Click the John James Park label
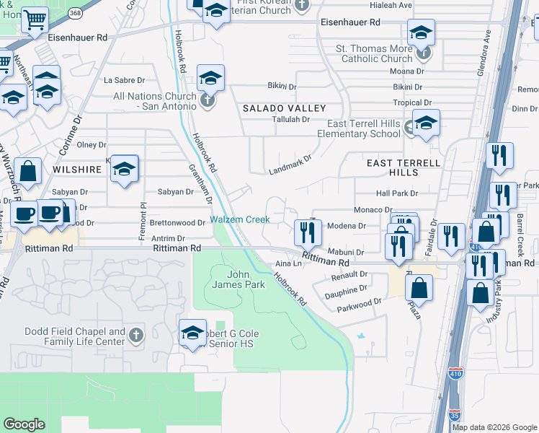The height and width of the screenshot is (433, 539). click(x=246, y=279)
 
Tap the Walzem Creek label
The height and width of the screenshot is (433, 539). click(x=239, y=219)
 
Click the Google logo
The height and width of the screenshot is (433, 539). click(x=24, y=424)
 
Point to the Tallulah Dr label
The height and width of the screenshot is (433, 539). click(x=290, y=119)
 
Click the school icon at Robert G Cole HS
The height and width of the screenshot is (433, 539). click(x=192, y=333)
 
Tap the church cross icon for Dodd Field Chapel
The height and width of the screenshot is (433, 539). click(x=137, y=335)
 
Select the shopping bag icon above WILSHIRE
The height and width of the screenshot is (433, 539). click(x=27, y=172)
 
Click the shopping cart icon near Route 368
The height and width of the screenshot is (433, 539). click(x=34, y=21)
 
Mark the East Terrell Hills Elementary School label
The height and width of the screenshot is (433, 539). click(x=364, y=128)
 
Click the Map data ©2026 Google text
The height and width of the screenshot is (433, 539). click(x=494, y=427)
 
